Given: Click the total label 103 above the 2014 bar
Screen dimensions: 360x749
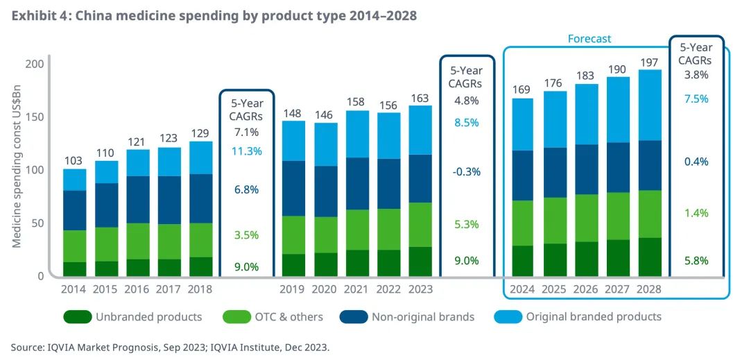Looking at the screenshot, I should click(x=74, y=160).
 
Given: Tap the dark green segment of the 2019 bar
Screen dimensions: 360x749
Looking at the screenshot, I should click(x=293, y=264).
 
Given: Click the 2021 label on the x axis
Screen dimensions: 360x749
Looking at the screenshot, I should click(x=357, y=289).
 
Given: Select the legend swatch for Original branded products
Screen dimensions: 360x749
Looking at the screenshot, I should click(x=508, y=317).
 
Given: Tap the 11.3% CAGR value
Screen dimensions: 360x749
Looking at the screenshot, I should click(x=247, y=151).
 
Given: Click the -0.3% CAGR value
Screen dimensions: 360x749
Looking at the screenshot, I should click(x=466, y=171).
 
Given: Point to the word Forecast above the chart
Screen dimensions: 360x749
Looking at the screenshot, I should click(x=589, y=39).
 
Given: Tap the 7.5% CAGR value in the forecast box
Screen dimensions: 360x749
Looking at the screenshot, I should click(x=696, y=98).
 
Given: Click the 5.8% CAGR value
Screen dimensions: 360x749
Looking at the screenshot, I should click(x=696, y=261).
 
